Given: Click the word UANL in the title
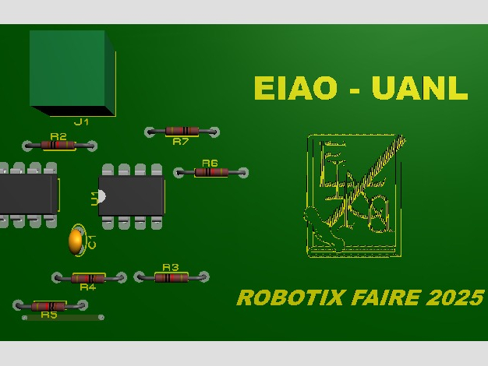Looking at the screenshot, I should [419, 88].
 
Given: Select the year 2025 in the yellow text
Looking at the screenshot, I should [454, 297].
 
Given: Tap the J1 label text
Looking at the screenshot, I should [82, 122].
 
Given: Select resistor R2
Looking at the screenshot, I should [59, 145].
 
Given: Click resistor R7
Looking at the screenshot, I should [182, 131].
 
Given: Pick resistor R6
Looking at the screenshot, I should [210, 172].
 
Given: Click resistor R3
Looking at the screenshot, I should [172, 276].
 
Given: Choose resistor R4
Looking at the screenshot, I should [88, 278].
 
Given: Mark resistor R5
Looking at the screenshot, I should [50, 306].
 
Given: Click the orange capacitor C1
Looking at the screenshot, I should [76, 241].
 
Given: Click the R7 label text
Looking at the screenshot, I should [181, 142].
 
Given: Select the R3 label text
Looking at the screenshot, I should [171, 267].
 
